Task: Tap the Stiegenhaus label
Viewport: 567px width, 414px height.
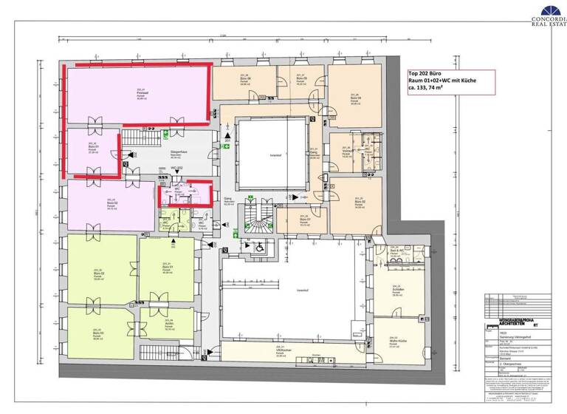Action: (176, 155)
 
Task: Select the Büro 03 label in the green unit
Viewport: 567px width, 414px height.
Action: (97, 334)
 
